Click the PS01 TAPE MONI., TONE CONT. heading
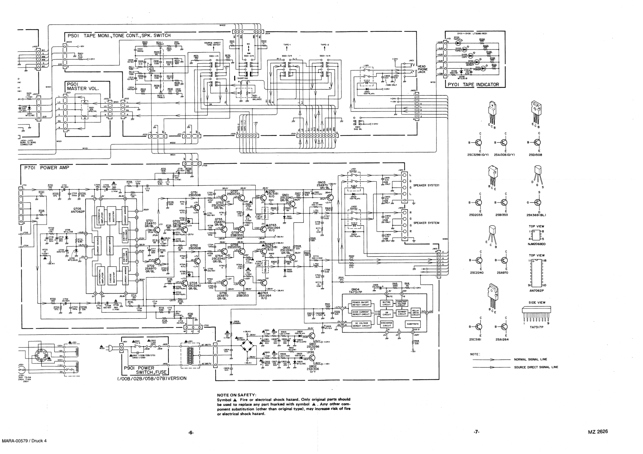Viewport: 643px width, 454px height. tap(119, 36)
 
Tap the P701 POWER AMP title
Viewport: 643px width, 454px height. tap(45, 168)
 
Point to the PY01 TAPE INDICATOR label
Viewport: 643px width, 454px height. tap(473, 85)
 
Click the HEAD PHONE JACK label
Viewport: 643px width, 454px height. tap(422, 69)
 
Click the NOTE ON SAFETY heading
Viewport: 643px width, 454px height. tap(236, 395)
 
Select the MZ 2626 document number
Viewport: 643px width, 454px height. tap(598, 432)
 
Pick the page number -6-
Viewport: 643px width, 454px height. tap(191, 433)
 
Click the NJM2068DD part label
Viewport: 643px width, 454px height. tap(536, 244)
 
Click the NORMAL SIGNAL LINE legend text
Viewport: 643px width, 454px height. tap(530, 359)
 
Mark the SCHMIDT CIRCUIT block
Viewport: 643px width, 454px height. tap(402, 313)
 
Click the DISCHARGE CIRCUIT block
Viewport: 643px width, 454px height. tap(386, 324)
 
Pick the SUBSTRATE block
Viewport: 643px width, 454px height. tap(413, 324)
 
